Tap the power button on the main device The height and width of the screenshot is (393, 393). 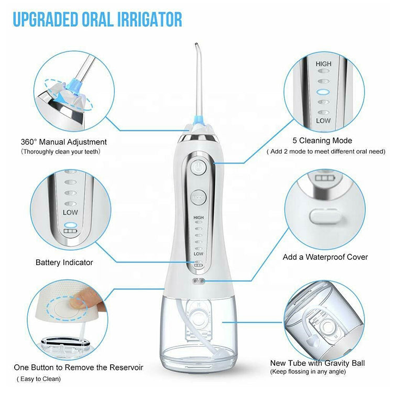[x=198, y=167]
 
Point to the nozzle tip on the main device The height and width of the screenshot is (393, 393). [x=196, y=44]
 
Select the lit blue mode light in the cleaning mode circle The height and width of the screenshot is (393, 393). [x=323, y=92]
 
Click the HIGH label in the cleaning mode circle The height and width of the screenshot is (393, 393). [x=323, y=64]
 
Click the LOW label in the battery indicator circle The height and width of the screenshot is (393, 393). [x=70, y=213]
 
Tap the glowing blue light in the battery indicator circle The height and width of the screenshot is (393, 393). [x=70, y=225]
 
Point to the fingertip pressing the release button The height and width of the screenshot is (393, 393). [x=79, y=300]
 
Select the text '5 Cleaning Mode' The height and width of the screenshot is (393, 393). [x=322, y=140]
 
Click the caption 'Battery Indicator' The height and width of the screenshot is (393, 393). [x=64, y=263]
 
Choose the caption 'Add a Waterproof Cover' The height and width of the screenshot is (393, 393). [x=325, y=257]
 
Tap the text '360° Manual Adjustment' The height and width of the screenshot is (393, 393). [x=63, y=142]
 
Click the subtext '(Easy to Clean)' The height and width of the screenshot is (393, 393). [x=39, y=379]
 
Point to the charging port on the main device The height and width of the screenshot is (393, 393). [x=199, y=281]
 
